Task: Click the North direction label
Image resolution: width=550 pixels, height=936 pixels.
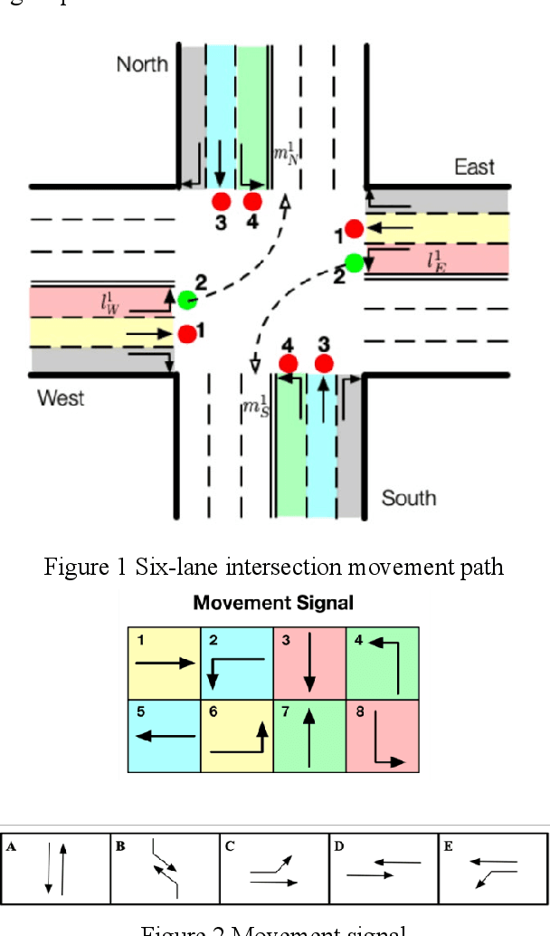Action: pyautogui.click(x=142, y=63)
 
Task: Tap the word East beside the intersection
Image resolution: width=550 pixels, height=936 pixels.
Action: pyautogui.click(x=475, y=167)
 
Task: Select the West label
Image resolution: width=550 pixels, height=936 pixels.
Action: pyautogui.click(x=61, y=398)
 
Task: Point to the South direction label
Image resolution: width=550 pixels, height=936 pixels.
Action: pyautogui.click(x=409, y=498)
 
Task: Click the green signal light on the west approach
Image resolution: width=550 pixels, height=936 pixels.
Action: pyautogui.click(x=187, y=300)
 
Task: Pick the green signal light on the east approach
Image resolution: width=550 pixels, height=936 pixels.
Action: pyautogui.click(x=354, y=263)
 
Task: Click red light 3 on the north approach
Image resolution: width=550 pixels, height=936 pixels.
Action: pyautogui.click(x=220, y=201)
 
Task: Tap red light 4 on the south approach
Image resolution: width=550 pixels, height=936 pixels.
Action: pyautogui.click(x=289, y=364)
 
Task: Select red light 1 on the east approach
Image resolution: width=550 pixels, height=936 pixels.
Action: pyautogui.click(x=354, y=229)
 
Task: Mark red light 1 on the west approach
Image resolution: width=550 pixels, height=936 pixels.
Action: pyautogui.click(x=187, y=334)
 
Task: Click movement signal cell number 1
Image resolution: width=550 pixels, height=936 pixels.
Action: pyautogui.click(x=164, y=664)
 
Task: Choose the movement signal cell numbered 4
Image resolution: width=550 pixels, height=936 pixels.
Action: pyautogui.click(x=383, y=664)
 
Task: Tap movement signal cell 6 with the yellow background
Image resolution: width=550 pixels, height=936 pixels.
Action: pyautogui.click(x=237, y=736)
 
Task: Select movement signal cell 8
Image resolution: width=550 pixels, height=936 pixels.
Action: pyautogui.click(x=383, y=736)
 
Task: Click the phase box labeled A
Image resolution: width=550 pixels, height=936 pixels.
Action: pyautogui.click(x=56, y=870)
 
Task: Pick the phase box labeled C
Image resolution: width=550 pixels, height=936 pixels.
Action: pyautogui.click(x=275, y=870)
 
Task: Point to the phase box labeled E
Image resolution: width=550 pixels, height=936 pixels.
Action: pyautogui.click(x=493, y=870)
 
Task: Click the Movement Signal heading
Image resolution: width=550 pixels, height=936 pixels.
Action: pyautogui.click(x=273, y=603)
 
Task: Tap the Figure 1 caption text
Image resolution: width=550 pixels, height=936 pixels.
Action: pyautogui.click(x=274, y=568)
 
